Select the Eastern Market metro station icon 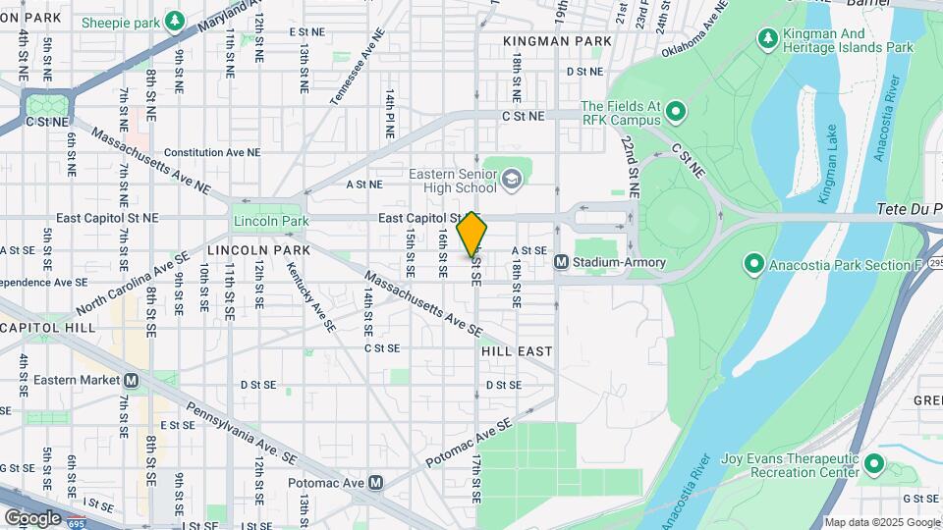[x=131, y=380]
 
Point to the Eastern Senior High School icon [x=511, y=179]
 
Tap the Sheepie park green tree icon [x=175, y=20]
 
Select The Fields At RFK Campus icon [x=676, y=112]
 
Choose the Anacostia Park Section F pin [x=753, y=263]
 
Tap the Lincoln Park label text [x=264, y=222]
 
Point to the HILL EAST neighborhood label [x=517, y=350]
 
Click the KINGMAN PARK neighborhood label [x=557, y=41]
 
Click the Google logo [x=32, y=517]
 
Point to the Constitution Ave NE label [x=212, y=152]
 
